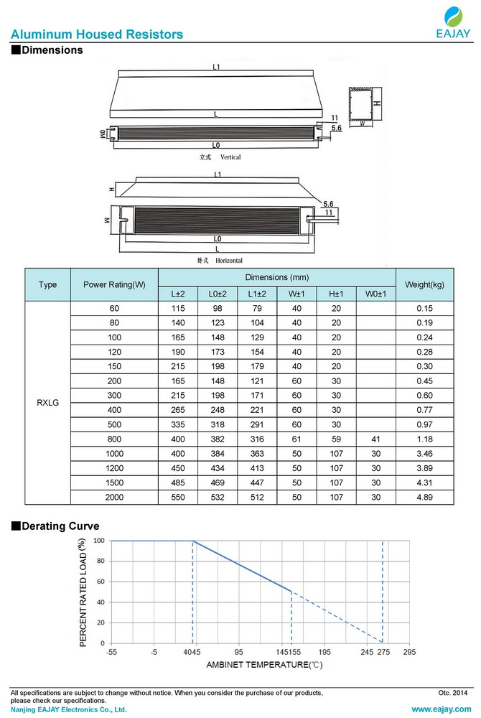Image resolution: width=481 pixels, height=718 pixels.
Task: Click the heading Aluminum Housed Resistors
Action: (97, 34)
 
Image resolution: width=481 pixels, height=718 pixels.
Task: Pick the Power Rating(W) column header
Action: (114, 284)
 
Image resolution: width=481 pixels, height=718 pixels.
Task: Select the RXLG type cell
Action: (47, 403)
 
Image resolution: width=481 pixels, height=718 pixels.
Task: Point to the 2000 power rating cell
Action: (114, 496)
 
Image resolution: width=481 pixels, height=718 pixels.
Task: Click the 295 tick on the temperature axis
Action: (408, 652)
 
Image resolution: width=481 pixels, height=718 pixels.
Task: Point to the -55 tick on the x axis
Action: (112, 652)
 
